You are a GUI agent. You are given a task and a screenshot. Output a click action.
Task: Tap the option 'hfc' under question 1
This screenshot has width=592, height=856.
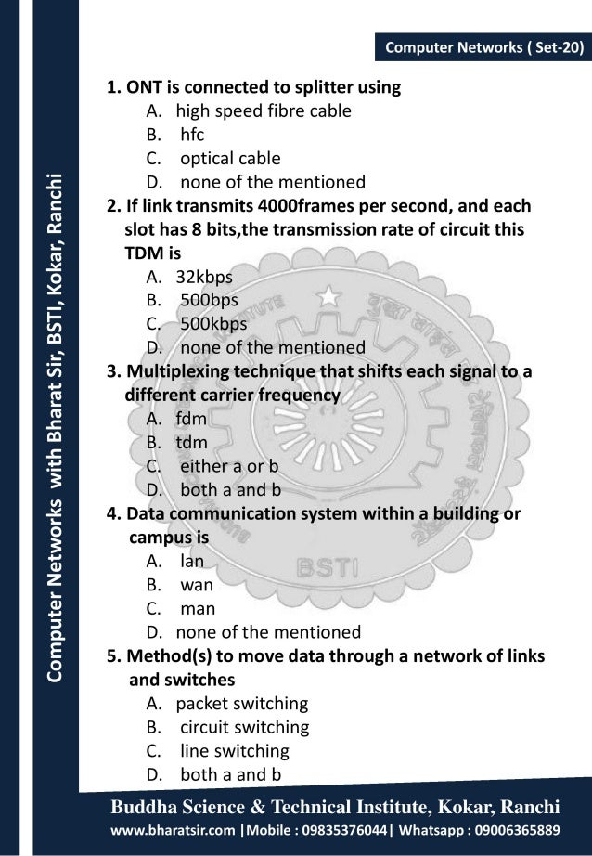[x=192, y=136]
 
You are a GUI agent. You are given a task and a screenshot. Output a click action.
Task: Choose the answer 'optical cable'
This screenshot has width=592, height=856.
[x=229, y=159]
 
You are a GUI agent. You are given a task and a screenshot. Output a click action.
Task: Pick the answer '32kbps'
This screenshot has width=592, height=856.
[x=204, y=276]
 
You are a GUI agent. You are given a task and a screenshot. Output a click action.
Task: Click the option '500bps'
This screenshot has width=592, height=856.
[x=209, y=300]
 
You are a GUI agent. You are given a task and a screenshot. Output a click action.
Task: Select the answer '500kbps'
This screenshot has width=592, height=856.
[x=213, y=324]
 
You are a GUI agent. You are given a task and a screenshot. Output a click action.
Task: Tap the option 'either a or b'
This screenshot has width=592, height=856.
[x=229, y=466]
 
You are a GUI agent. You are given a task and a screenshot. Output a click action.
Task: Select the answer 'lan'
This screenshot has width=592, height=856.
[x=191, y=561]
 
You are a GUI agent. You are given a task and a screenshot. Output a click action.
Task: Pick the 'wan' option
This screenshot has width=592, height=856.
[x=197, y=585]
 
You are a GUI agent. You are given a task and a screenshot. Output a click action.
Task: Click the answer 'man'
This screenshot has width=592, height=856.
[x=198, y=609]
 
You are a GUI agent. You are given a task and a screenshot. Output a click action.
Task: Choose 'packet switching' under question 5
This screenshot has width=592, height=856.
[x=241, y=703]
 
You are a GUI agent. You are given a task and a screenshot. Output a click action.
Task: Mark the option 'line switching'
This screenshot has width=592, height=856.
[x=235, y=750]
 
